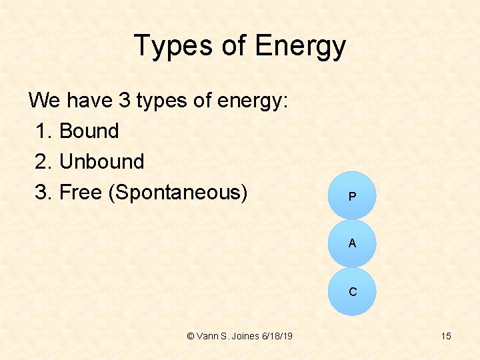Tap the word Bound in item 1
click(89, 131)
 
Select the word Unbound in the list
click(101, 161)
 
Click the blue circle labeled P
click(352, 196)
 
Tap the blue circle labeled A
click(352, 244)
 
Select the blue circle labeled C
click(352, 292)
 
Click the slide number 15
click(445, 336)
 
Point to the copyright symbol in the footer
click(191, 336)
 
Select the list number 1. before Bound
click(44, 131)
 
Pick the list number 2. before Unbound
click(44, 161)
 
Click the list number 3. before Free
click(44, 192)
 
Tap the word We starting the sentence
click(45, 101)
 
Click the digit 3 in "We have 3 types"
click(124, 101)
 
